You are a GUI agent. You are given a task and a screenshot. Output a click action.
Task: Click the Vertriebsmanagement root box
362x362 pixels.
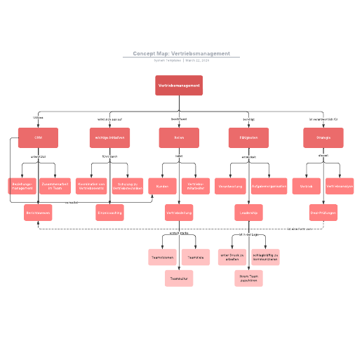click(179, 85)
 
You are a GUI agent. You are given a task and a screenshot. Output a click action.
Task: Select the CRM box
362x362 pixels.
click(38, 138)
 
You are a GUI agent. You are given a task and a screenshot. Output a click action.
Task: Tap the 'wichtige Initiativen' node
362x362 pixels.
click(109, 138)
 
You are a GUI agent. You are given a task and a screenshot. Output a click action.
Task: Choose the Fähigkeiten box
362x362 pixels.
click(248, 138)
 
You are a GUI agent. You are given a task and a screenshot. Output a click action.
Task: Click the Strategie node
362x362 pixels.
click(323, 138)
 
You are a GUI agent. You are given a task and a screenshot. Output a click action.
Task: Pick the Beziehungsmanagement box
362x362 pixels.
click(22, 186)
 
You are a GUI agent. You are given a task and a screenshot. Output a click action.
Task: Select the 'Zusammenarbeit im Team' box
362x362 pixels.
click(55, 186)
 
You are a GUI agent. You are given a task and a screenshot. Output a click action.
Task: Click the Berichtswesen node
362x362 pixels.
click(38, 213)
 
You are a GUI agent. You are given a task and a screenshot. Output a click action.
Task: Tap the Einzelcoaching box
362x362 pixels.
click(109, 213)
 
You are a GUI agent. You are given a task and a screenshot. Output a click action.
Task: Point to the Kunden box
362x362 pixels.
click(162, 186)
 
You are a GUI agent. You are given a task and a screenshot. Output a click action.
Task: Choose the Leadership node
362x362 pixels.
click(248, 213)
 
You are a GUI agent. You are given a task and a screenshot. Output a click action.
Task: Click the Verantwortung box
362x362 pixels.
click(231, 186)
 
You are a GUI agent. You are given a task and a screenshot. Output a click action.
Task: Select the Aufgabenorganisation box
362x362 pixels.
click(269, 186)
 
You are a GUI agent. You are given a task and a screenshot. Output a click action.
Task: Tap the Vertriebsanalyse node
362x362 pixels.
click(340, 186)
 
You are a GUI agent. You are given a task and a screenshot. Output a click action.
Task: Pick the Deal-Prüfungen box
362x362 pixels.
click(323, 213)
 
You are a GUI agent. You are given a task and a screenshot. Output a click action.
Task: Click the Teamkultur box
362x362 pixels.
click(179, 279)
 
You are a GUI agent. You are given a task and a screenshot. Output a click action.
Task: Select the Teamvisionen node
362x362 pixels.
click(162, 257)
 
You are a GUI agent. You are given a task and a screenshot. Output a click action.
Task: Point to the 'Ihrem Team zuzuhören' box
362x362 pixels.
click(248, 279)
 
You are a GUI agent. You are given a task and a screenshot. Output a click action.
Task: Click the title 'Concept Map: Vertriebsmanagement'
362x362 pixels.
click(181, 53)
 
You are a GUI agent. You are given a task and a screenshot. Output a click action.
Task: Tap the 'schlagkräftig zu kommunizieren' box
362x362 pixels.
click(265, 257)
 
